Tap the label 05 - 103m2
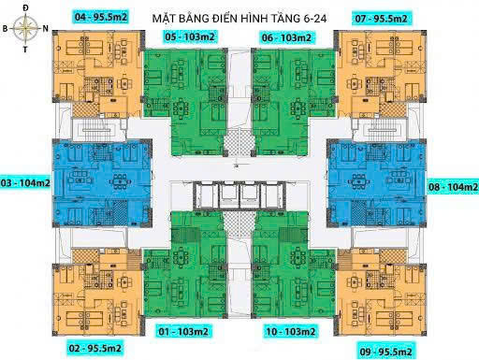tap(192, 36)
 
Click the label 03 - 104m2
tap(25, 182)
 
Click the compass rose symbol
tap(24, 28)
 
